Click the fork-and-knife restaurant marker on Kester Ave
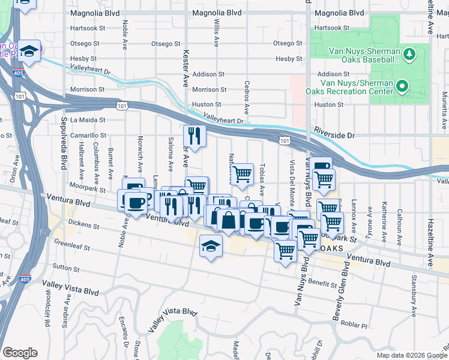point(194,136)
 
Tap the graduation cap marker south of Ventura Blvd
point(211,247)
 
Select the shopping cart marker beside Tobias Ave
point(242,174)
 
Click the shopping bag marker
point(229,220)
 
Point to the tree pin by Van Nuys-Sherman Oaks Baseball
point(411,55)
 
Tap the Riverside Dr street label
point(334,136)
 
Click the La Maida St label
point(88,120)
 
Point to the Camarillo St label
point(88,136)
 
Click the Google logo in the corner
point(20,353)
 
